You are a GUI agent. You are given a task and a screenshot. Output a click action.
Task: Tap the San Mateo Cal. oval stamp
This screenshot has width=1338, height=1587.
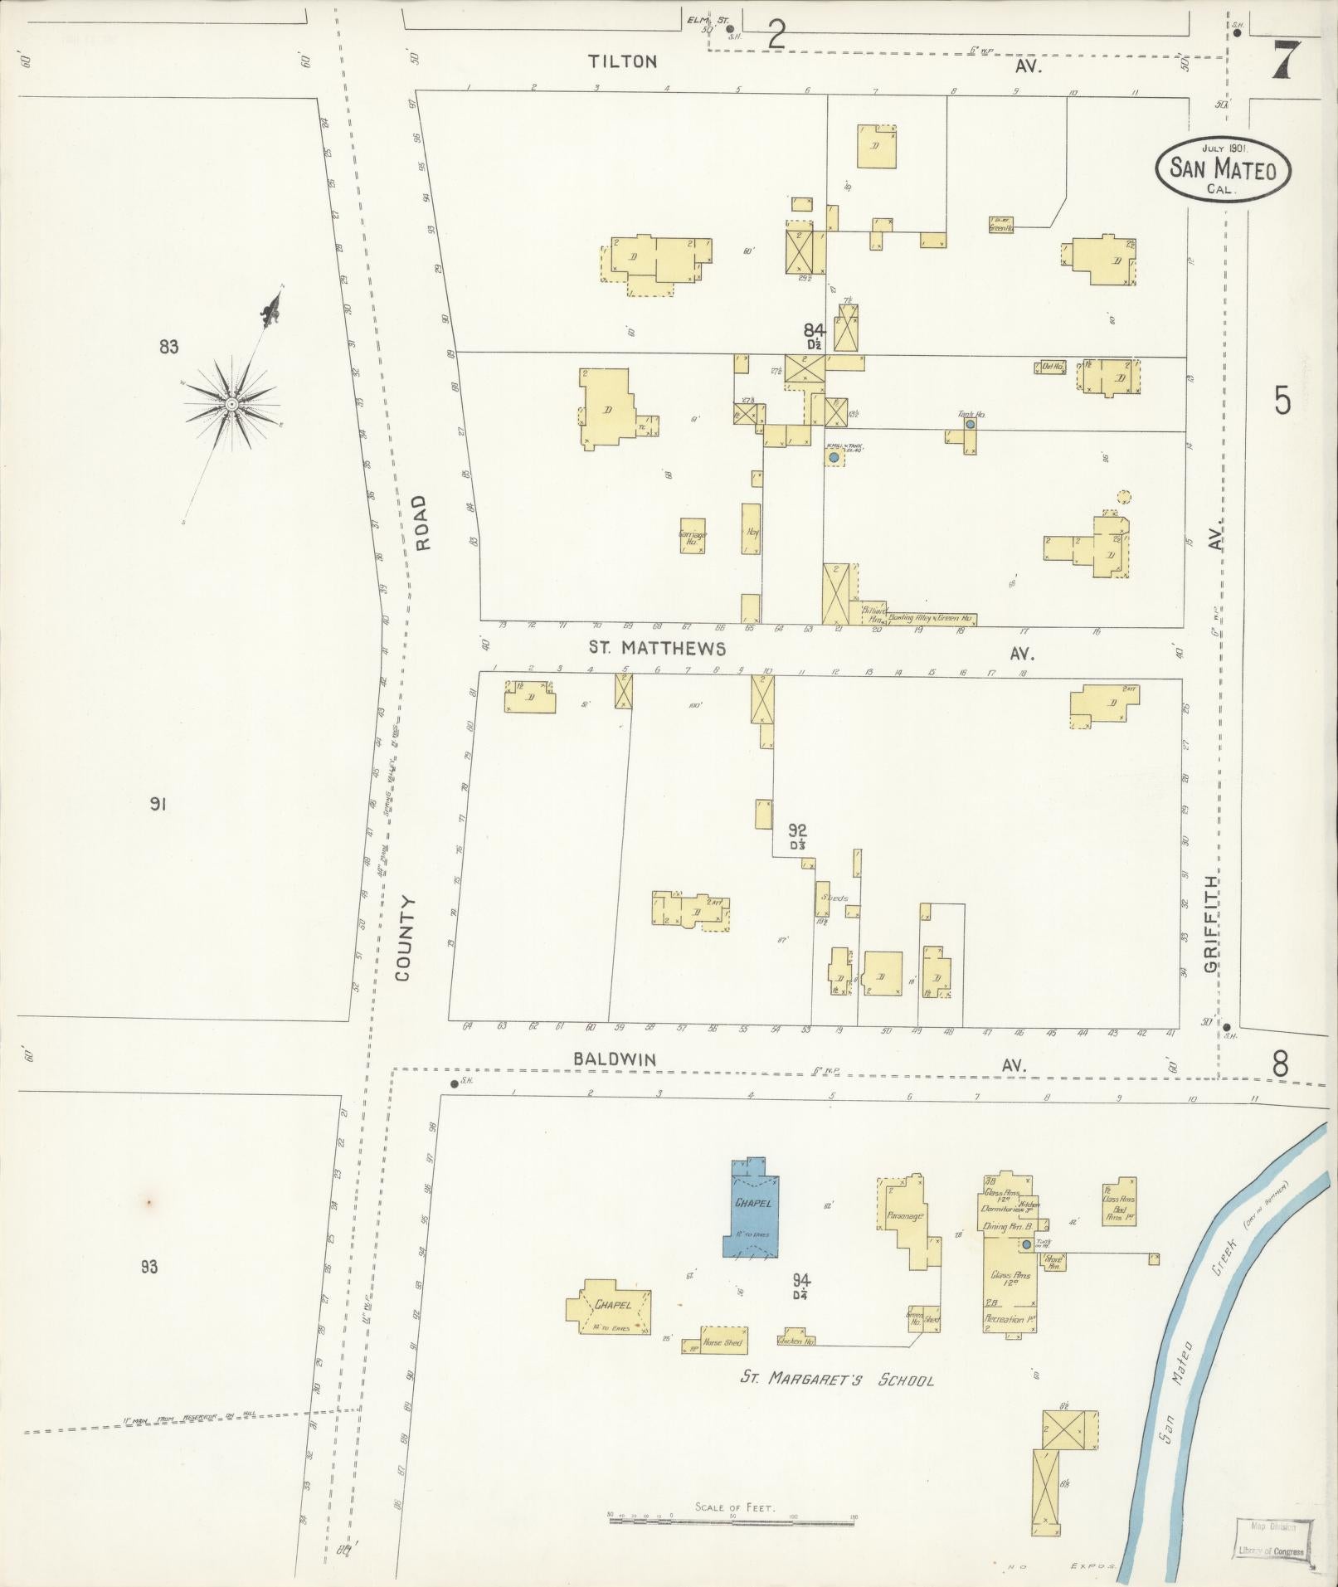click(1223, 169)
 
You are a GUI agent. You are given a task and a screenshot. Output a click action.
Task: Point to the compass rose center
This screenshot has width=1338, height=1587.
click(231, 404)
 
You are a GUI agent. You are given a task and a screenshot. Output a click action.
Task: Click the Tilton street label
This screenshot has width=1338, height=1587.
click(623, 61)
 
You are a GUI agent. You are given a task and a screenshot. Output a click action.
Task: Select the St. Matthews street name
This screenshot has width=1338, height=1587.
click(657, 648)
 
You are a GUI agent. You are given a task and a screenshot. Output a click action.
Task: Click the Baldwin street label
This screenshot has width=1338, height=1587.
click(615, 1059)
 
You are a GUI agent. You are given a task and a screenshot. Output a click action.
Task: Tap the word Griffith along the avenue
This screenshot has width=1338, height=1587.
click(1211, 924)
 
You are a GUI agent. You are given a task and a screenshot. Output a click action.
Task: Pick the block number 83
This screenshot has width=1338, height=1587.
click(168, 347)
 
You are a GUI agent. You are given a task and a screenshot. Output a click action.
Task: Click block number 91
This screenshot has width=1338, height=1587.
click(158, 803)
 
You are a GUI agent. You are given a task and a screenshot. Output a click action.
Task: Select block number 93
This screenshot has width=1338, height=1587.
click(149, 1266)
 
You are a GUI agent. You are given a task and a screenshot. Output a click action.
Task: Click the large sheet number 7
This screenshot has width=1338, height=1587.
click(1285, 61)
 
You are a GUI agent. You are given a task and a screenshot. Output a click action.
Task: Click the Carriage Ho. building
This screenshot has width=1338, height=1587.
click(693, 536)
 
